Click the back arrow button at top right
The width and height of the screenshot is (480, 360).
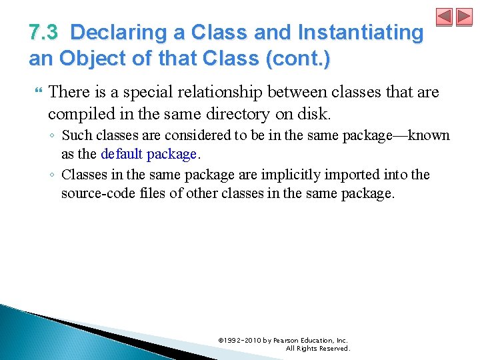445,17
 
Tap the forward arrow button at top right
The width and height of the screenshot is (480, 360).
464,17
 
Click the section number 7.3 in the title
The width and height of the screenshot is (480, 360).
44,32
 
